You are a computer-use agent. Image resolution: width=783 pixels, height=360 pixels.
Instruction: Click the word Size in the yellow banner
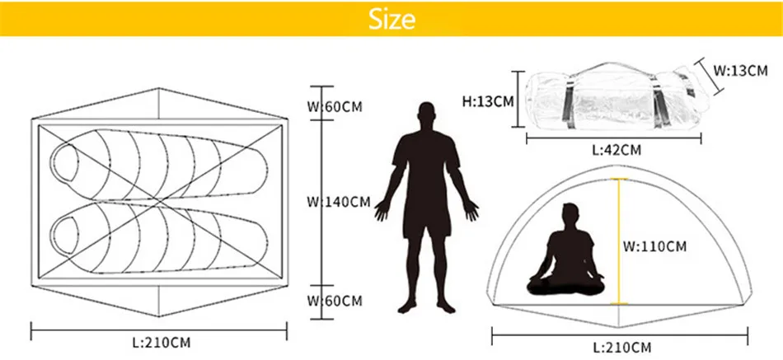(x=392, y=19)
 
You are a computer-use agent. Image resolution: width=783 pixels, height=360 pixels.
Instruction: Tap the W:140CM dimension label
(x=339, y=202)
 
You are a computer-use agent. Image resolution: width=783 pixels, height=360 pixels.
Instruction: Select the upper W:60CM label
(x=335, y=106)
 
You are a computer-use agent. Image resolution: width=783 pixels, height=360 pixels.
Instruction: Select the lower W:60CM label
(x=335, y=301)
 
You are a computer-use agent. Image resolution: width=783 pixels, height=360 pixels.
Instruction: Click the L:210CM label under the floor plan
(x=161, y=340)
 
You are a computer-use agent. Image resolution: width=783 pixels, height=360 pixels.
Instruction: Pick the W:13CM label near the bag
(x=740, y=71)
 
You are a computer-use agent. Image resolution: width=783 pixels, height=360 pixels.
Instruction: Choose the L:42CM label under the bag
(x=617, y=150)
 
